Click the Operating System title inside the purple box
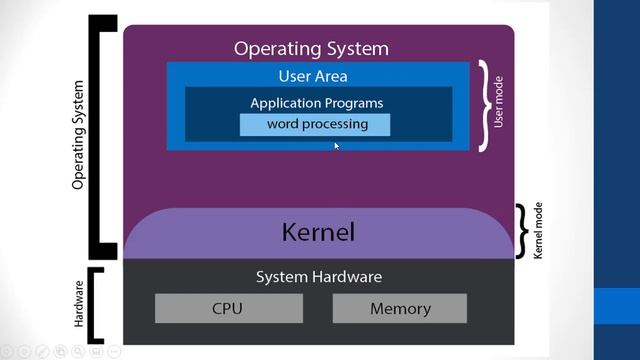click(311, 48)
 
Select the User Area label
click(312, 76)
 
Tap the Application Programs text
click(316, 102)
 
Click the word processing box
click(315, 125)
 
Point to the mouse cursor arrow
click(337, 146)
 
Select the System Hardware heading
click(318, 277)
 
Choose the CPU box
click(227, 309)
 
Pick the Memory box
click(400, 309)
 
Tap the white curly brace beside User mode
click(484, 106)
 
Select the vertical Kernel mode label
click(537, 231)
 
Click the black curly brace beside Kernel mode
click(521, 231)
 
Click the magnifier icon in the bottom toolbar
click(61, 351)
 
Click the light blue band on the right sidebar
click(617, 306)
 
